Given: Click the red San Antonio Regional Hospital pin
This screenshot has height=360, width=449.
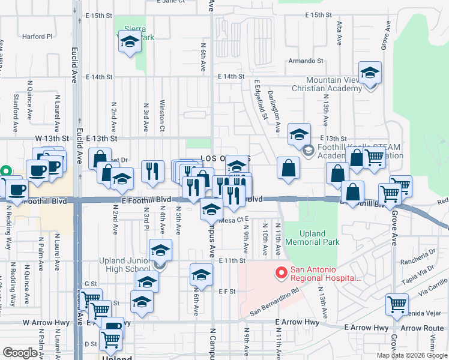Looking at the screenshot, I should pyautogui.click(x=280, y=274).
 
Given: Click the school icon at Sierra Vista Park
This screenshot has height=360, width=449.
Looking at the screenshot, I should pyautogui.click(x=130, y=42).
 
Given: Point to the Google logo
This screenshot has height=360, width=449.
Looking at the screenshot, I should pyautogui.click(x=20, y=353).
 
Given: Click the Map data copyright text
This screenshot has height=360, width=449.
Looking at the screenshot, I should pyautogui.click(x=412, y=355).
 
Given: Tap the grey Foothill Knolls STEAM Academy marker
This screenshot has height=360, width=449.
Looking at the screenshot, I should pyautogui.click(x=309, y=150).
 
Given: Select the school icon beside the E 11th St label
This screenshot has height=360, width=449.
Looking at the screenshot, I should pyautogui.click(x=201, y=275).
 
